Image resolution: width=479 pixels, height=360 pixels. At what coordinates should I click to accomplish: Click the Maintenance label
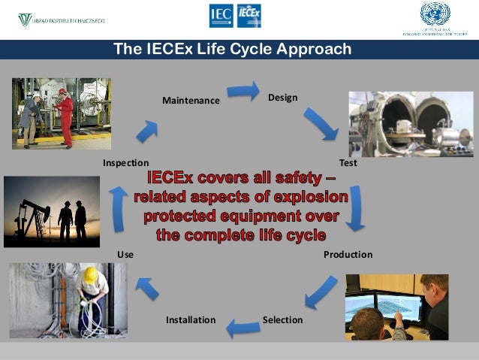(x=191, y=100)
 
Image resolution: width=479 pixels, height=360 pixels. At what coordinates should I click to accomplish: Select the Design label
(x=283, y=98)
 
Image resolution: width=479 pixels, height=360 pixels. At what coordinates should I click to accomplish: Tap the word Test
(x=348, y=162)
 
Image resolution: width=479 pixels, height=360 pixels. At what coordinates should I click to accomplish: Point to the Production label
(x=348, y=255)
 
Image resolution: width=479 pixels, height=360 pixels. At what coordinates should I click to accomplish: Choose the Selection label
(x=282, y=320)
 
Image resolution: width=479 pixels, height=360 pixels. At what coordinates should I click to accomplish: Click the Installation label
(x=191, y=320)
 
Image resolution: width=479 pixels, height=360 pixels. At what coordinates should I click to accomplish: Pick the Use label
(x=125, y=255)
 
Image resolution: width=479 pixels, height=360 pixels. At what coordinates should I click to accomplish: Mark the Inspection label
(x=125, y=162)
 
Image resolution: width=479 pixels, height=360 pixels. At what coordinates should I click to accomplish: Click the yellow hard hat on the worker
(x=91, y=276)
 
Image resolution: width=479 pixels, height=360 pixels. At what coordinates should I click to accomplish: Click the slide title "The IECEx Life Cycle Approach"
(x=232, y=50)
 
